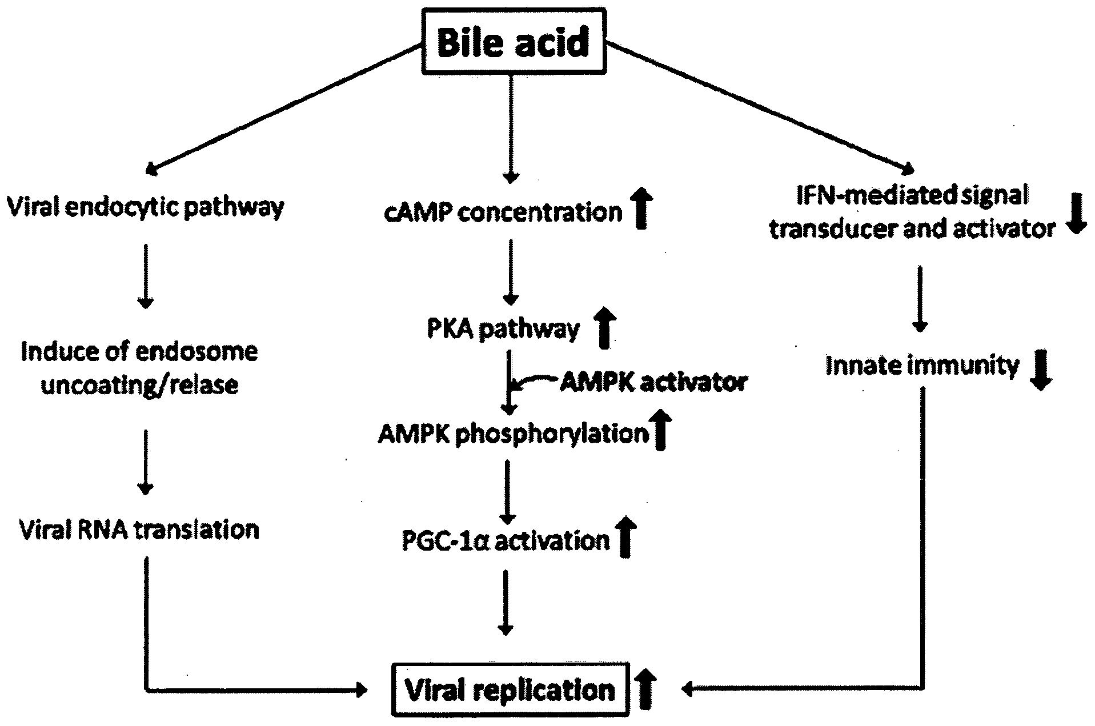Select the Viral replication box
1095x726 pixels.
coord(510,689)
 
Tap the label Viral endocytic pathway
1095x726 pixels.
coord(145,207)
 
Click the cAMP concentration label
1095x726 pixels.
coord(503,212)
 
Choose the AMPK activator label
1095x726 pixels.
coord(653,382)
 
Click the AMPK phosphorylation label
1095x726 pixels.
coord(514,435)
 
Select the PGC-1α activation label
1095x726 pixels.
coord(506,540)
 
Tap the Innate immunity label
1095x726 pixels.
coord(922,366)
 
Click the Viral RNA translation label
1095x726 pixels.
coord(139,530)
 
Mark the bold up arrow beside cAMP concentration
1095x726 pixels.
coord(642,209)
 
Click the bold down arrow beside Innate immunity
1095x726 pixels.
coord(1041,370)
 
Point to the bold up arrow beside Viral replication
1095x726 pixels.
coord(645,690)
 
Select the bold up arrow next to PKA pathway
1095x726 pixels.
coord(604,328)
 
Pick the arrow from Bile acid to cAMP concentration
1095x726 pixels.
coord(510,129)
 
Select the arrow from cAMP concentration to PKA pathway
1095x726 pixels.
coord(510,272)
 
